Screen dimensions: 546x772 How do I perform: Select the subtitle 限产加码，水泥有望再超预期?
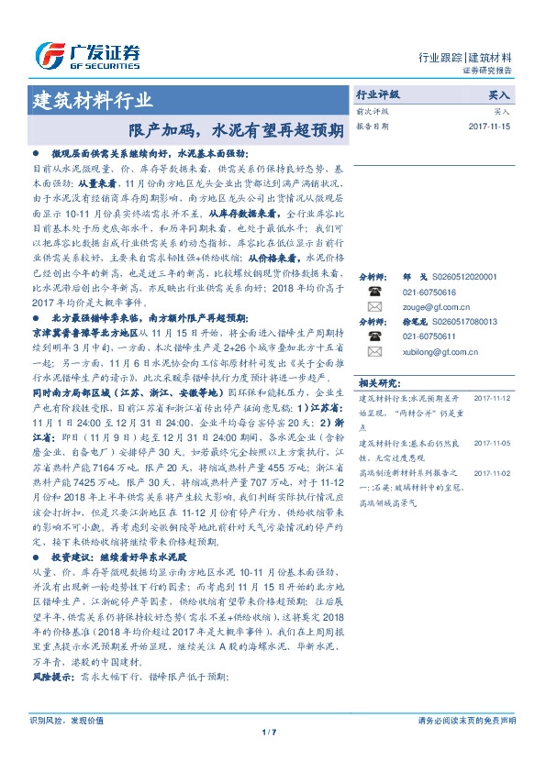235,129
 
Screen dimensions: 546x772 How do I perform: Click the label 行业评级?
377,94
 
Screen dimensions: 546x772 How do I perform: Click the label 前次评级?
369,110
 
